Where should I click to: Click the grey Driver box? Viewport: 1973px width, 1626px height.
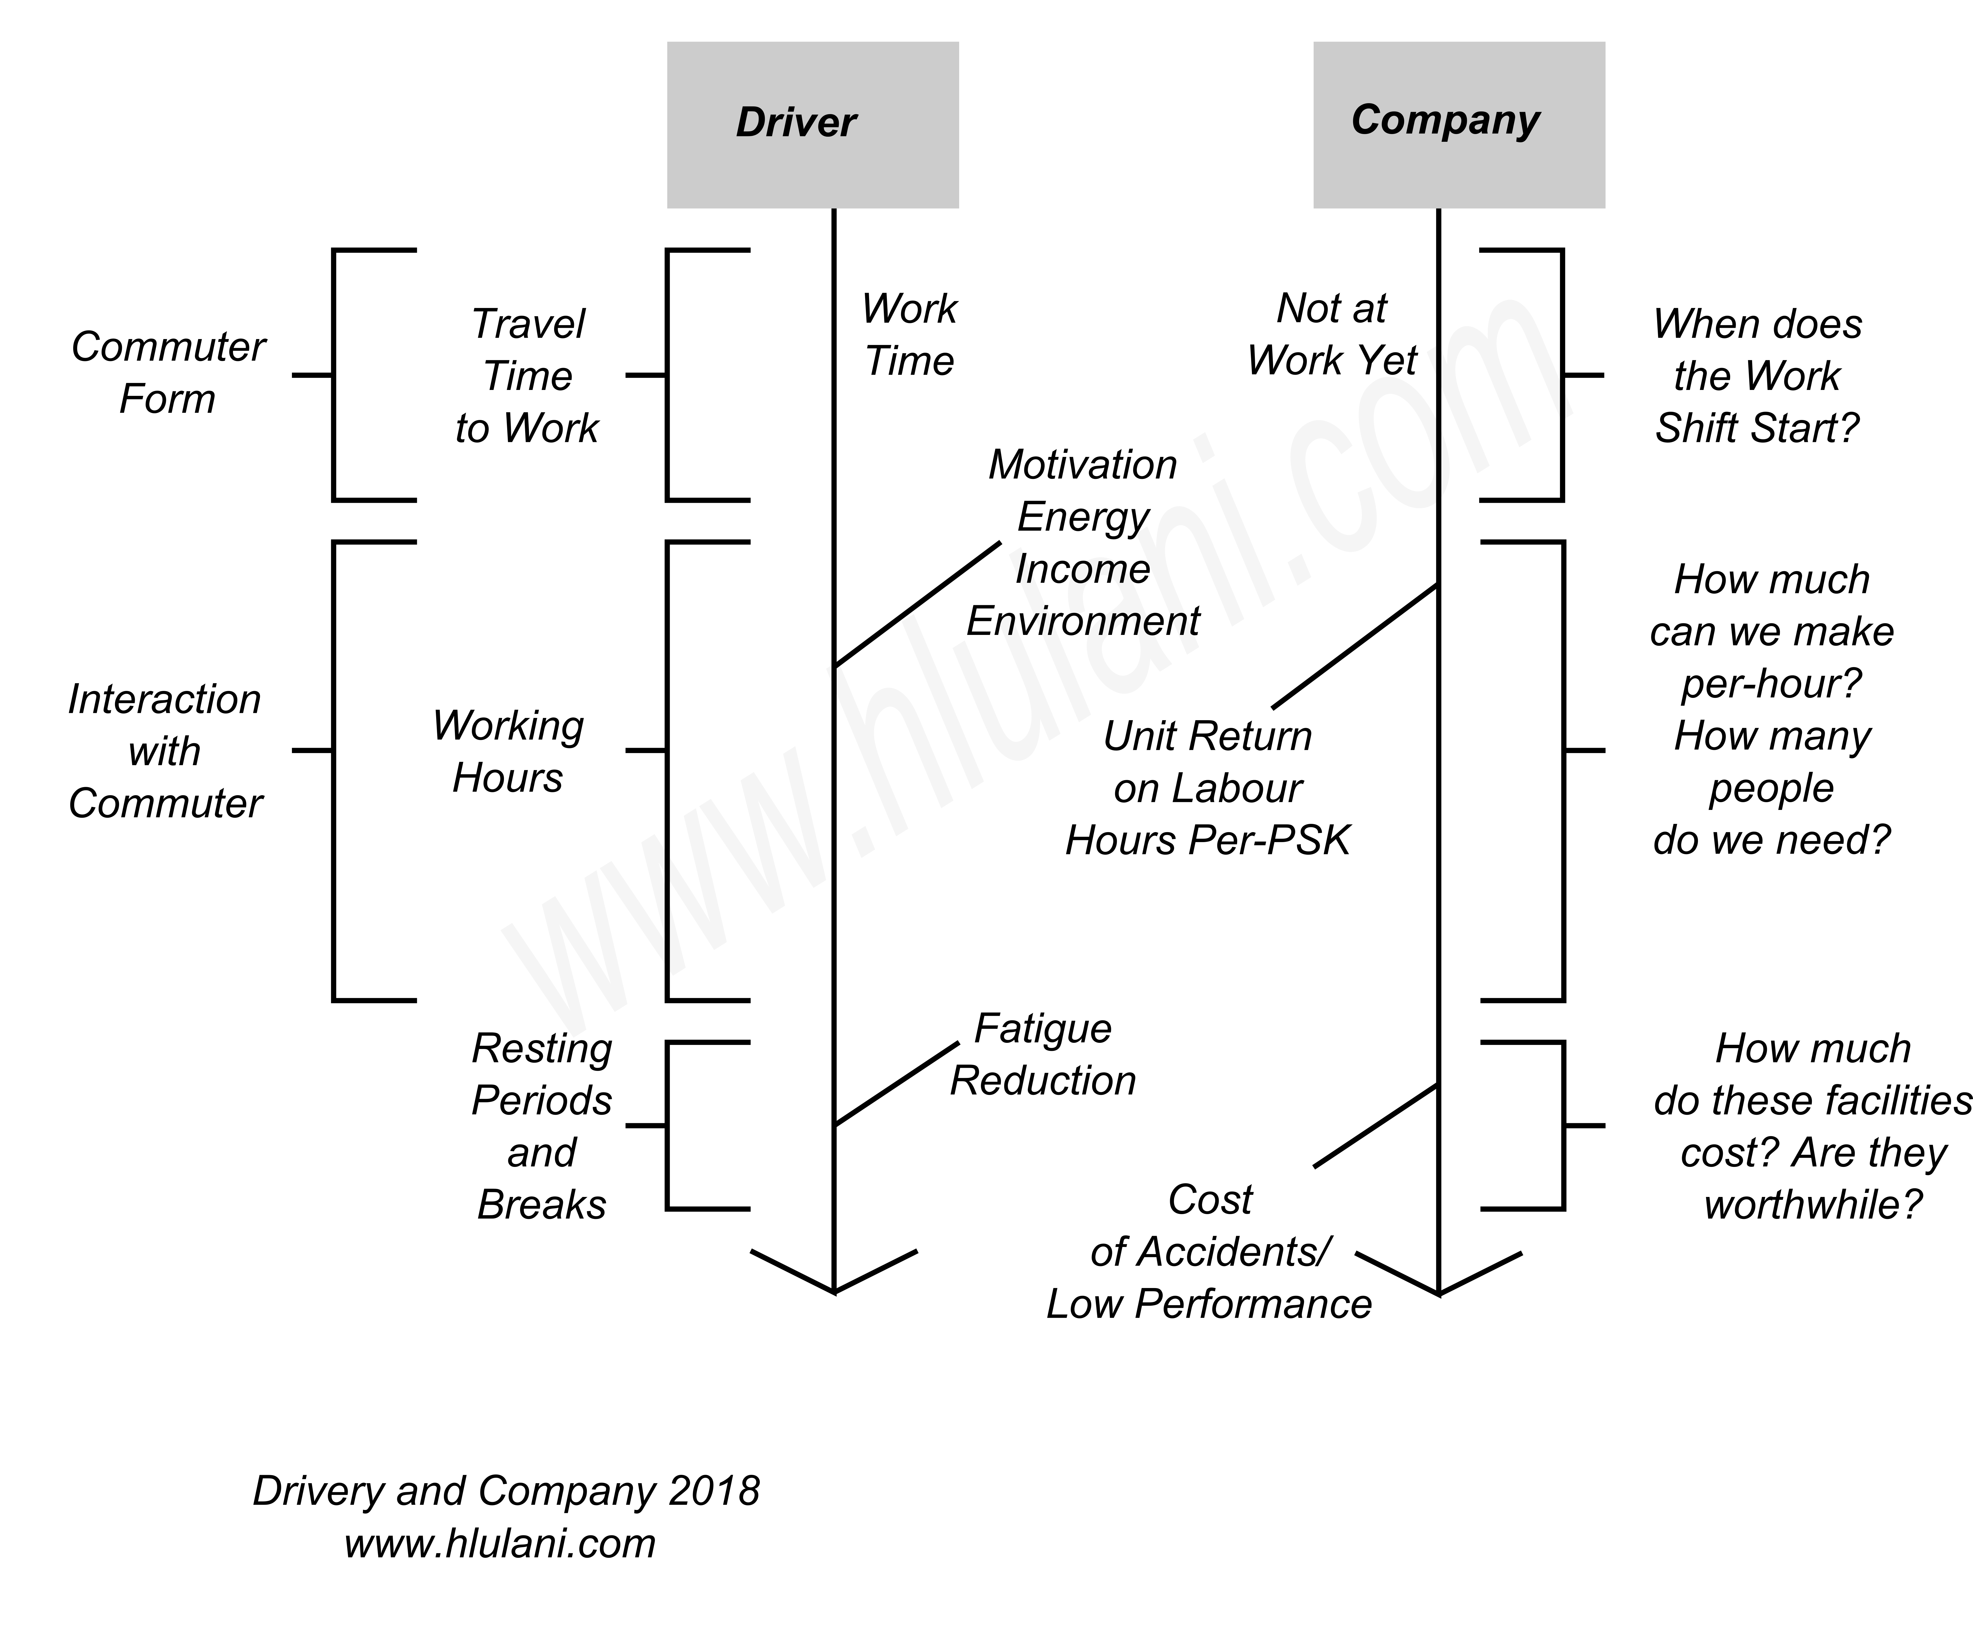pyautogui.click(x=812, y=125)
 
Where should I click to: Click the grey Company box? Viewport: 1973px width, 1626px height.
pyautogui.click(x=1459, y=125)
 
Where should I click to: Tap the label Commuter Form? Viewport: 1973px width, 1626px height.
pyautogui.click(x=168, y=373)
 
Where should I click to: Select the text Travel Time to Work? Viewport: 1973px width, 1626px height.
pyautogui.click(x=528, y=375)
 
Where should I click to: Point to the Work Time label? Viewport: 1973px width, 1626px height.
pyautogui.click(x=909, y=334)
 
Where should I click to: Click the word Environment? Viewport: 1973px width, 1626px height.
pyautogui.click(x=1083, y=621)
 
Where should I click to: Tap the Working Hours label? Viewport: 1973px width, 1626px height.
pyautogui.click(x=508, y=751)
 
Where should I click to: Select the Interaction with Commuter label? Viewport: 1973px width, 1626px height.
pyautogui.click(x=165, y=751)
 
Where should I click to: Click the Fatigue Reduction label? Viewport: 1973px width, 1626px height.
pyautogui.click(x=1043, y=1055)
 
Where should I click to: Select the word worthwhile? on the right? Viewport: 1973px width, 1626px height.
pyautogui.click(x=1813, y=1204)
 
